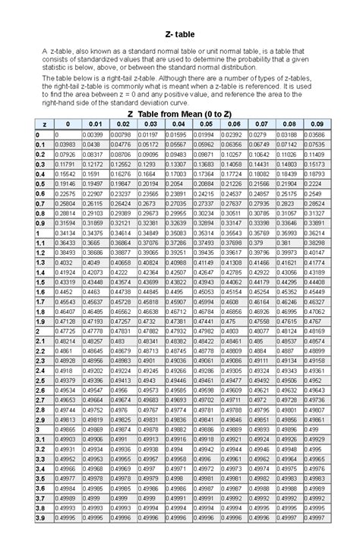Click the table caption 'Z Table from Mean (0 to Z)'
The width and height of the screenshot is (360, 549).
[x=179, y=113]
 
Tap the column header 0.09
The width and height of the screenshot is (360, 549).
[x=314, y=124]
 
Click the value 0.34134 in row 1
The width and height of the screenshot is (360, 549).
[x=65, y=231]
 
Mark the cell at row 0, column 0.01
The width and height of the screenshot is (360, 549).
[x=93, y=134]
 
